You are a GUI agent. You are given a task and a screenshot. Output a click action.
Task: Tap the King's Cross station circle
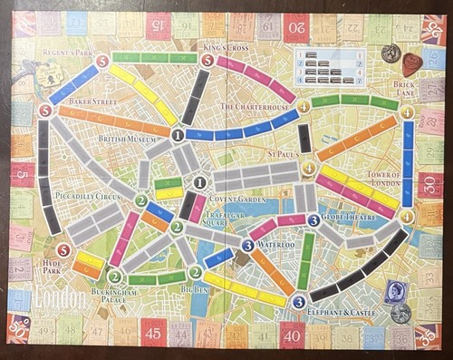207,61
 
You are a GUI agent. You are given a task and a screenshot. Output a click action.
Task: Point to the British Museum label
130,140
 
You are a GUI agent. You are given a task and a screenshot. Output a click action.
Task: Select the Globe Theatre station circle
313,219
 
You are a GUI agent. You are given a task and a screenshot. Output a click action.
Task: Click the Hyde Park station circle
63,250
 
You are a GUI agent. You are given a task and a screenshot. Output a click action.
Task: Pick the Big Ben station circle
195,273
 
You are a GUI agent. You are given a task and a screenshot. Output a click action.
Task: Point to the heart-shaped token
412,63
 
